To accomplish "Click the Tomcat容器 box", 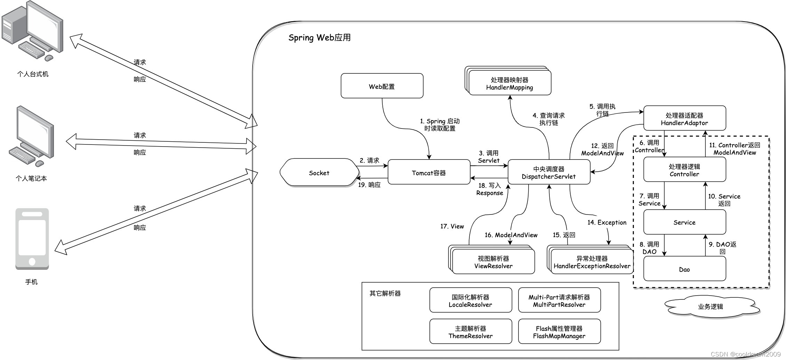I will pyautogui.click(x=429, y=172).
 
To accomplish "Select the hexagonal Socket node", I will pyautogui.click(x=319, y=173).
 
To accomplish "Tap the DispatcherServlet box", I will pyautogui.click(x=549, y=172).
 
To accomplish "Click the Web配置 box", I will pyautogui.click(x=382, y=86).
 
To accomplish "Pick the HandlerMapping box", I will pyautogui.click(x=509, y=84).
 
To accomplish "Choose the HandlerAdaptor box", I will pyautogui.click(x=684, y=119).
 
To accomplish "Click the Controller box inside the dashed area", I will pyautogui.click(x=684, y=170).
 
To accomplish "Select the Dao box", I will pyautogui.click(x=684, y=269).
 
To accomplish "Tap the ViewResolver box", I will pyautogui.click(x=493, y=262).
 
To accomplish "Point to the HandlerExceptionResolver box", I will pyautogui.click(x=592, y=262).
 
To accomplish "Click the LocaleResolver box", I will pyautogui.click(x=470, y=300).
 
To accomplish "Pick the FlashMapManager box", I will pyautogui.click(x=559, y=332).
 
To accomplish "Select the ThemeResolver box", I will pyautogui.click(x=470, y=332).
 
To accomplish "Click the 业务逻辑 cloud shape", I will pyautogui.click(x=710, y=306).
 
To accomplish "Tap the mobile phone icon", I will pyautogui.click(x=32, y=239).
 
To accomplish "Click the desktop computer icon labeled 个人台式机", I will pyautogui.click(x=33, y=31).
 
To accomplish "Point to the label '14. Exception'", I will pyautogui.click(x=607, y=222).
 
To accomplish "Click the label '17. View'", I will pyautogui.click(x=452, y=226).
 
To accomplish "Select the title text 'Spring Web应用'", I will pyautogui.click(x=319, y=38).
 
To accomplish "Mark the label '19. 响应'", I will pyautogui.click(x=369, y=185).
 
